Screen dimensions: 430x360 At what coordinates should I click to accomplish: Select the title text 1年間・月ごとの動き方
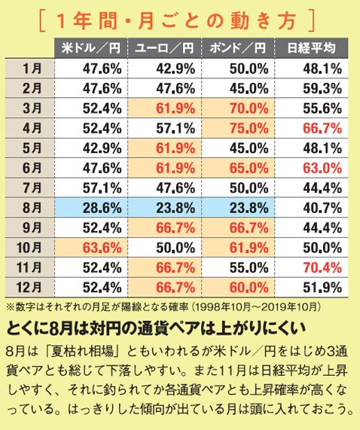coord(181,18)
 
